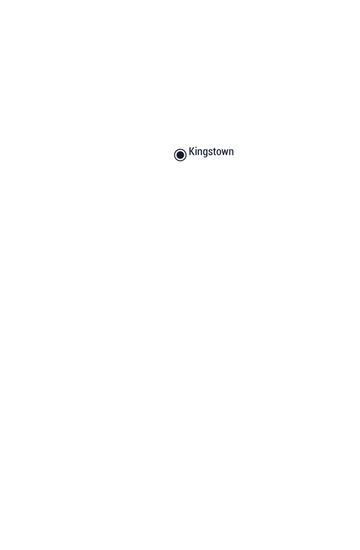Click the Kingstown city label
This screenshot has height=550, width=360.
point(211,152)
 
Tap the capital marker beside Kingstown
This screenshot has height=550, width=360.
point(180,155)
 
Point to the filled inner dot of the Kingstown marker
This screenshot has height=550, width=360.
point(180,155)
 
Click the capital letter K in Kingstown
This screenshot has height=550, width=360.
point(192,151)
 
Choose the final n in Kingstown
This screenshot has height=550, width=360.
point(232,152)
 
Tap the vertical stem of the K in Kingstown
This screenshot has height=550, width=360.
point(190,151)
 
